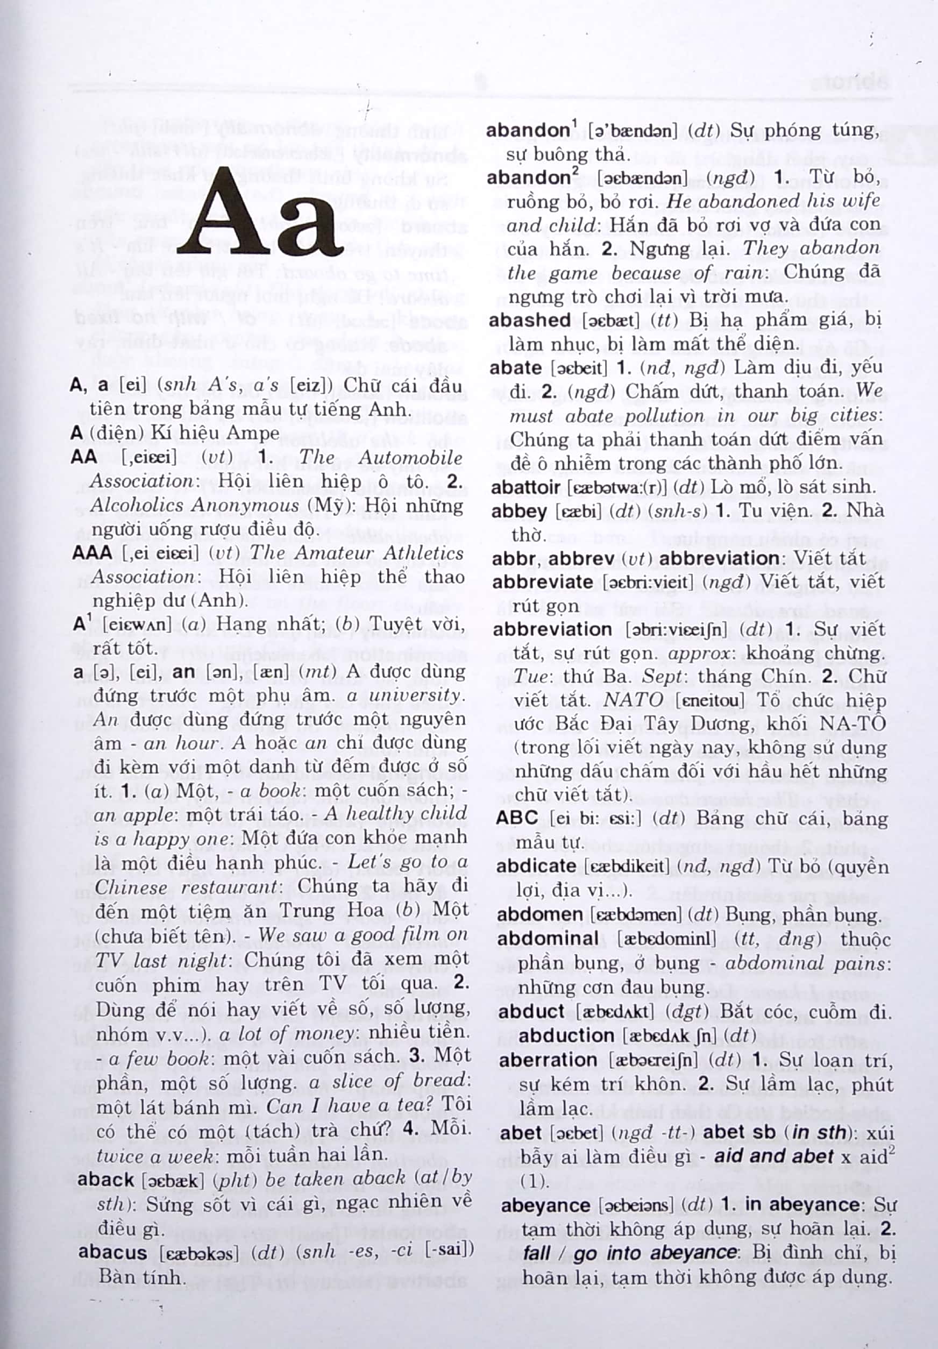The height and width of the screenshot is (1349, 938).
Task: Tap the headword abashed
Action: [x=529, y=320]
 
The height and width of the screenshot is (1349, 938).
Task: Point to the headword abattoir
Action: [x=525, y=487]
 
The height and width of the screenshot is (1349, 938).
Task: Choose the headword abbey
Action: [x=518, y=511]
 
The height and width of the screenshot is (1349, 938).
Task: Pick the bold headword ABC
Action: [x=517, y=818]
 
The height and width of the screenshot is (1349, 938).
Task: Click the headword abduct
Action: [x=531, y=1011]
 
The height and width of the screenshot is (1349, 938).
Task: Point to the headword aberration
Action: [x=548, y=1060]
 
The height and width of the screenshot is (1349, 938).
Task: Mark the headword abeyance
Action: [x=545, y=1205]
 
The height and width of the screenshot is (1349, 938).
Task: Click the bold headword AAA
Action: [x=91, y=552]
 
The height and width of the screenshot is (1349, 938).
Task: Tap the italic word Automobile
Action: [x=410, y=457]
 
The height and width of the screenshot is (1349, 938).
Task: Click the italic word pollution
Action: [x=664, y=416]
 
